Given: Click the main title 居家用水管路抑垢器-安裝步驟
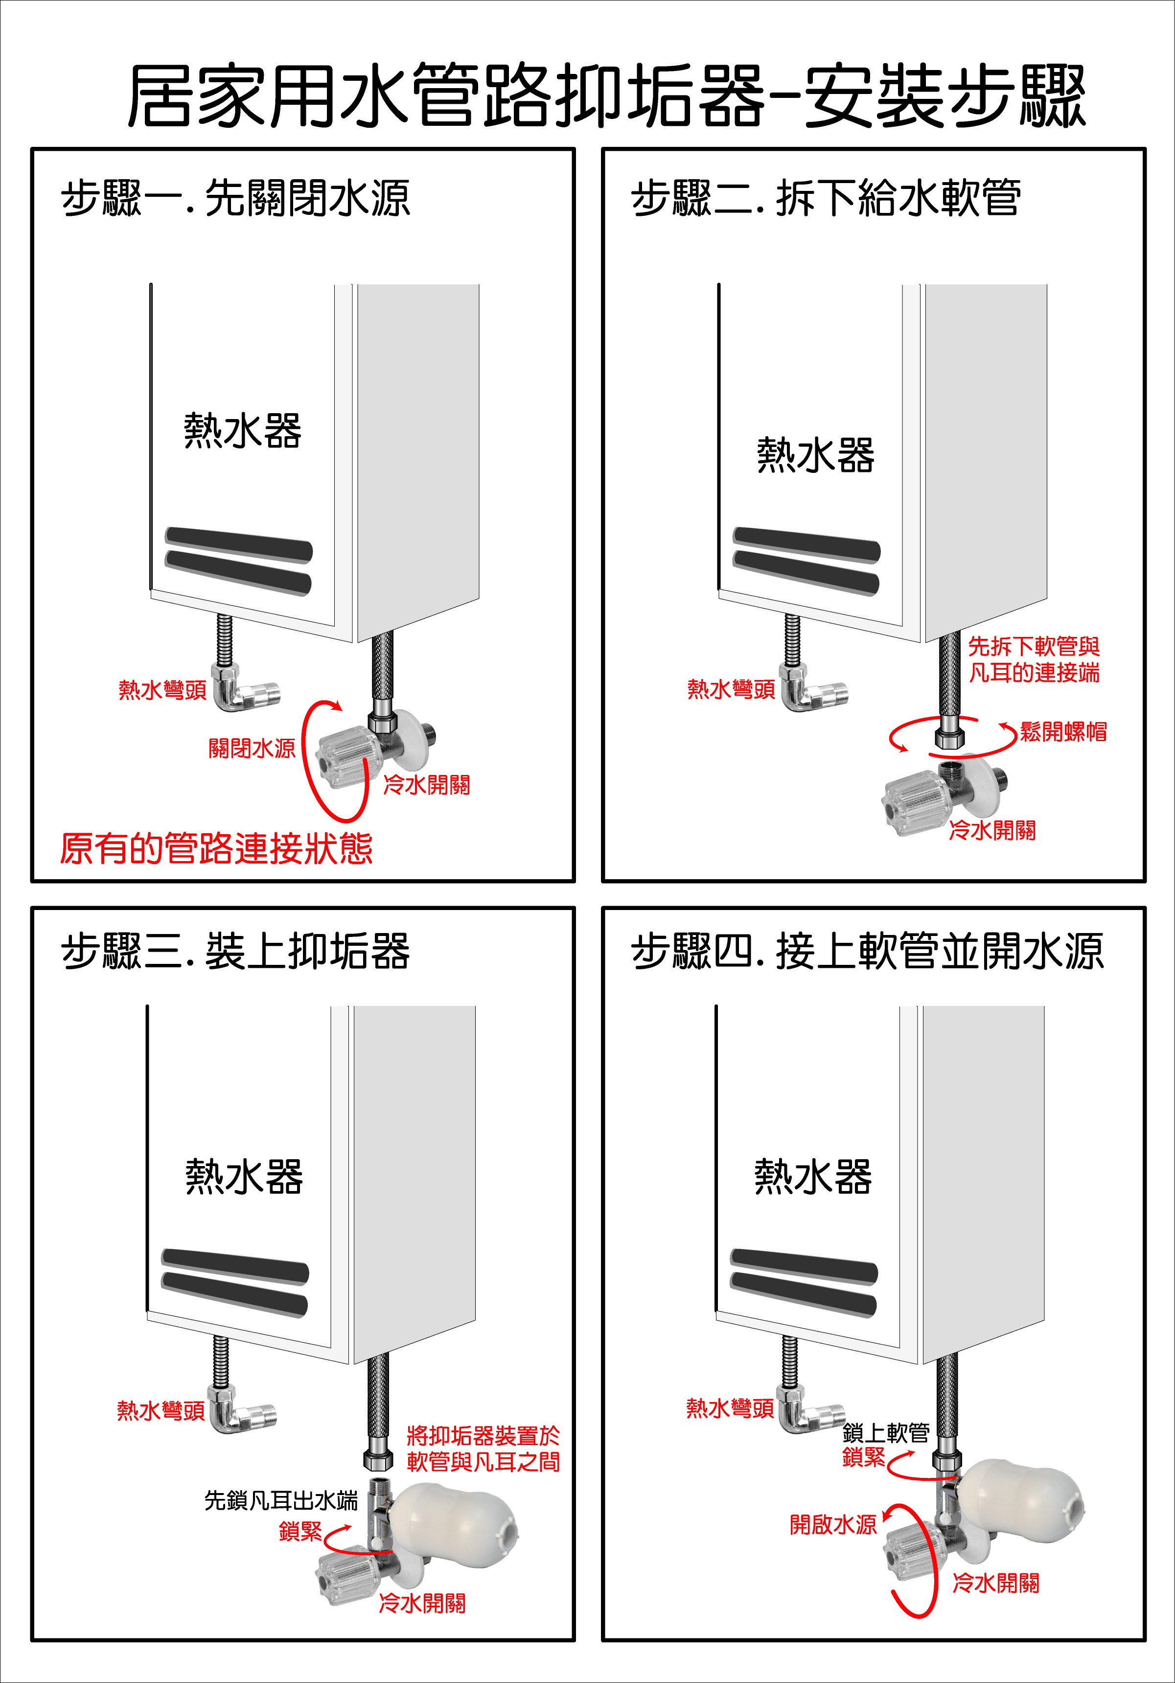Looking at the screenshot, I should pos(605,96).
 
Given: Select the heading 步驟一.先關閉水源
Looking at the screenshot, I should pos(235,199).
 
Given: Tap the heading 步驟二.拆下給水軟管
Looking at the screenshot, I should pos(826,199).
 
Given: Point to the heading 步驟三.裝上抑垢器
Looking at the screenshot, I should pos(235,952).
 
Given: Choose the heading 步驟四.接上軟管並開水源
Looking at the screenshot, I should pos(867,952).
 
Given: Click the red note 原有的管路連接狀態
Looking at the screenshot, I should pos(216,849).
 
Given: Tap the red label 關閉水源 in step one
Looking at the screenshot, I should pos(252,748).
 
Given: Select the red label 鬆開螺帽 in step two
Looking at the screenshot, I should pos(1063,731).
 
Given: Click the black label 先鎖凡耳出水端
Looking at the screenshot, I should pos(281,1500).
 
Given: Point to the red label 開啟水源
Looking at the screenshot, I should pos(833,1525).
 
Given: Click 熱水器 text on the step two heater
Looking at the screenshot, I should pos(815,455).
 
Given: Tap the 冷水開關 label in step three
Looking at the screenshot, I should pos(422,1604).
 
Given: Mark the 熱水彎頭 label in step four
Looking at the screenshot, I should pos(729,1408).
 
